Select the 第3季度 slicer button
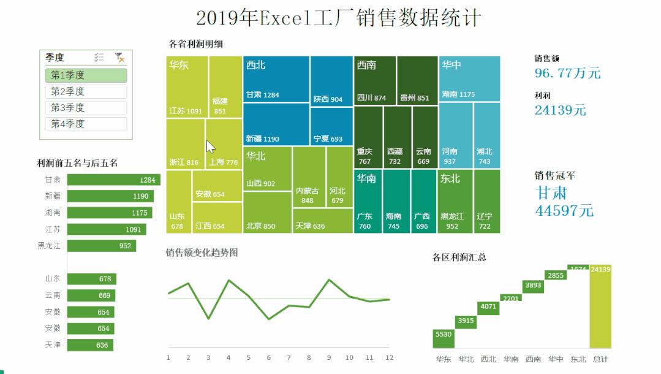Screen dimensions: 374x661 coord(86,108)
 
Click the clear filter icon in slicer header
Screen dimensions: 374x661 coord(119,58)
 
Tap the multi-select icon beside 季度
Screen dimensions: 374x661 coord(99,58)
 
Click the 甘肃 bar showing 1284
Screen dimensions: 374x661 coord(113,180)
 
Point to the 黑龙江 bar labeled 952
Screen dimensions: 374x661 coord(101,246)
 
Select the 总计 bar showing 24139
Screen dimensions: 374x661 coord(600,307)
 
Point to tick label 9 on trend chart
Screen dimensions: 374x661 coord(329,357)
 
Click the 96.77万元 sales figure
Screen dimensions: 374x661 coord(567,74)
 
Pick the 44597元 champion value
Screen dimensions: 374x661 coord(564,210)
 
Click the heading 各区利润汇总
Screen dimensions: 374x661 coord(459,257)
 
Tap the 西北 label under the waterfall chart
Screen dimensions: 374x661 coord(488,359)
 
